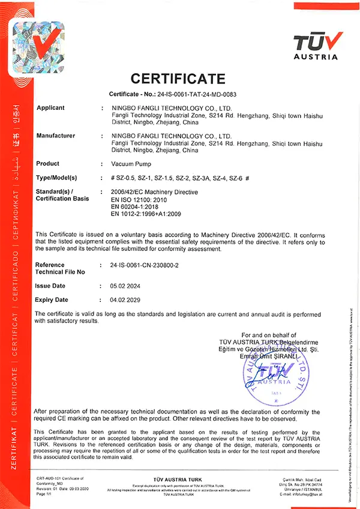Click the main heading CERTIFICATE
click(x=178, y=79)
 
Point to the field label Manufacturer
click(x=56, y=136)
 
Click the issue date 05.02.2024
click(x=125, y=286)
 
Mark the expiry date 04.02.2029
click(x=125, y=300)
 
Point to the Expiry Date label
click(x=52, y=300)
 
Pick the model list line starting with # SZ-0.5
click(x=179, y=178)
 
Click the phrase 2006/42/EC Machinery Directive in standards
click(x=155, y=191)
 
